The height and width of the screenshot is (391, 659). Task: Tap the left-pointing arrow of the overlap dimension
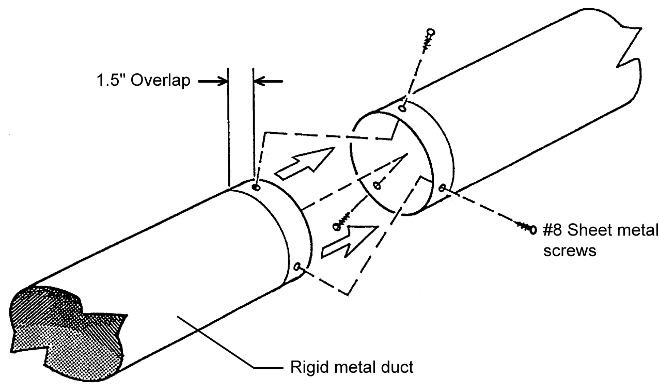point(269,81)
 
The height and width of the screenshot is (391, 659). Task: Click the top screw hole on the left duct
point(256,187)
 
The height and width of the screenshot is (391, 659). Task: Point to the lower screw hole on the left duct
point(297,267)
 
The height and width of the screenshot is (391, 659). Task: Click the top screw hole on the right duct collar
point(403,108)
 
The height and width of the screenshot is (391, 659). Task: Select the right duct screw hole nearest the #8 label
point(442,187)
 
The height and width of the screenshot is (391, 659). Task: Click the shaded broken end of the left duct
point(62,320)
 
